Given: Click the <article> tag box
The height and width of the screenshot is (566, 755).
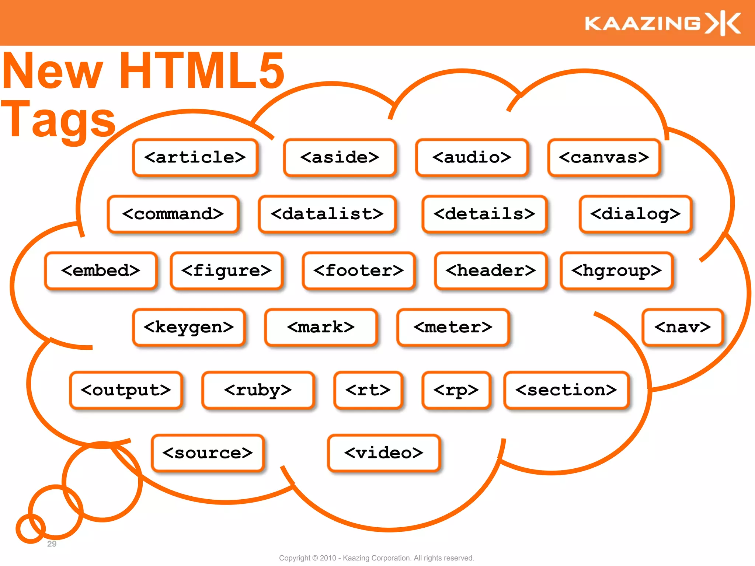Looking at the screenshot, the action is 195,158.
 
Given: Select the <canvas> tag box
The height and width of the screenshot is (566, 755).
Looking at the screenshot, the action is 604,158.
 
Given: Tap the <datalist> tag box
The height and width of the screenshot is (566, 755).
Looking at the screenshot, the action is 327,214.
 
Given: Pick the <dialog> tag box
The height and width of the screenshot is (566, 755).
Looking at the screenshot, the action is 635,214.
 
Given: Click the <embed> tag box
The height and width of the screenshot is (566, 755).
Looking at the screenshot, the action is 101,271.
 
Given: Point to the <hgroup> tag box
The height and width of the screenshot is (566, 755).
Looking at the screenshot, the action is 616,271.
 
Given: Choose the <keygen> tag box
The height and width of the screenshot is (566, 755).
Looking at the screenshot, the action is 189,327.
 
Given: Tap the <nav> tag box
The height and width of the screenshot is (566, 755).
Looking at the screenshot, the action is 682,327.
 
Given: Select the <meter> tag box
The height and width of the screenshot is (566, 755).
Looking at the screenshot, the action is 453,327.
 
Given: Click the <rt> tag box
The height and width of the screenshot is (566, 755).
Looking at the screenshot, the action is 368,390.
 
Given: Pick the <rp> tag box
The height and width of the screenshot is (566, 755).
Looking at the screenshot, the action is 456,390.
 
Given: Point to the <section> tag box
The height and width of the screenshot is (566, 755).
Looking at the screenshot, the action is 566,390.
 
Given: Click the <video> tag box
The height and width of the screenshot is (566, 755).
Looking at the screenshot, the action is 384,453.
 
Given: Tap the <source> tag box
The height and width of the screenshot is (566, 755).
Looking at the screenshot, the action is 208,453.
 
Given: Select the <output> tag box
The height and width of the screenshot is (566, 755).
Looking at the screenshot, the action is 126,390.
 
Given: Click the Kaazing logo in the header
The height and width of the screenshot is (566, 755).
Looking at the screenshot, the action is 662,23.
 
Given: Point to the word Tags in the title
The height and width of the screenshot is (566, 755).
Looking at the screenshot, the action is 59,120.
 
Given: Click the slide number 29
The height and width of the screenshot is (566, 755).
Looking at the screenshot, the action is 52,544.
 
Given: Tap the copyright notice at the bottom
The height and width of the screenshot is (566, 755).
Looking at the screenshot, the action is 376,558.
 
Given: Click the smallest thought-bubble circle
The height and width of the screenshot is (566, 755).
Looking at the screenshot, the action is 31,528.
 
